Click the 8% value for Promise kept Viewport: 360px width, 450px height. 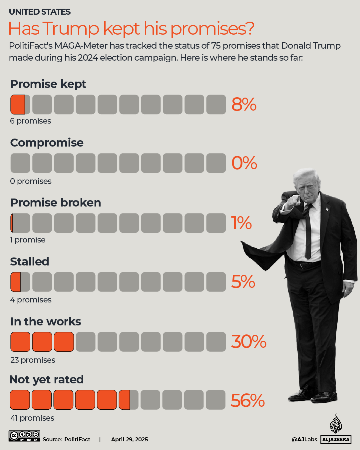point(244,105)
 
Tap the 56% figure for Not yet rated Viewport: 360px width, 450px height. point(247,400)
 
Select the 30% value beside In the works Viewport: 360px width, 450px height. point(248,342)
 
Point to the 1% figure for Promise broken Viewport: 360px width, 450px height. point(241,223)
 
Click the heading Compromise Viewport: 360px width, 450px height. point(47,143)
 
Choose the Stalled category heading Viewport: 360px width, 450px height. point(30,261)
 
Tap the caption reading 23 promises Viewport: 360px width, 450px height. point(33,360)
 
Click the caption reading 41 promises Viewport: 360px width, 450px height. point(32,418)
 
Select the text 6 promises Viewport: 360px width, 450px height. point(31,121)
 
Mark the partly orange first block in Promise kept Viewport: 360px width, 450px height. point(20,105)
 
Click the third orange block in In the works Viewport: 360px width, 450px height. point(64,342)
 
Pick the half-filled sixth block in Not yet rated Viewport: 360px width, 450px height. point(129,400)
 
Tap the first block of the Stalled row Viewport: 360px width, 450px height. point(20,282)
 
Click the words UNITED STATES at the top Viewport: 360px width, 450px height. point(40,12)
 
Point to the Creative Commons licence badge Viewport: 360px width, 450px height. point(24,436)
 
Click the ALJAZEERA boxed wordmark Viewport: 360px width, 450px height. point(336,439)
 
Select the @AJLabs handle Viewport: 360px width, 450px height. point(304,439)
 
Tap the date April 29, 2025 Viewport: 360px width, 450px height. point(130,439)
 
